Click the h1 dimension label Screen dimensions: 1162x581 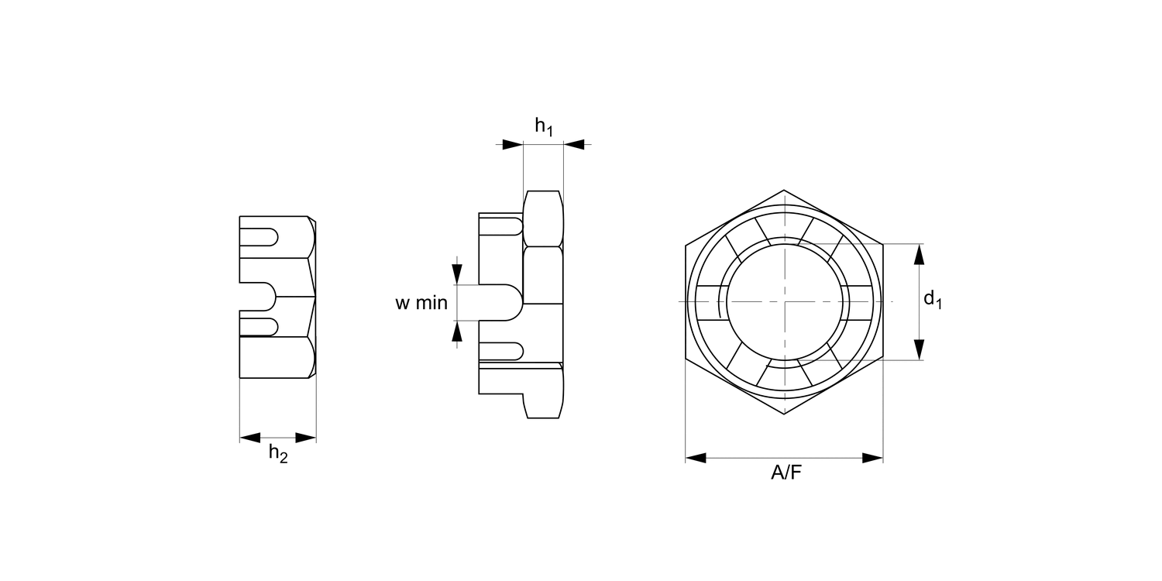pos(544,127)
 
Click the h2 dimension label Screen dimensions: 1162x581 pos(278,453)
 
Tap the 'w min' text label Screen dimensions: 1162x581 pos(421,302)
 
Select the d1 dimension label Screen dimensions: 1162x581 pos(933,300)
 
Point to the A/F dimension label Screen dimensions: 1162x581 pos(786,473)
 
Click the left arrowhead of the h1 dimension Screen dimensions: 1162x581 pos(513,144)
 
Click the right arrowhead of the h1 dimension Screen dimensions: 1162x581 pos(574,144)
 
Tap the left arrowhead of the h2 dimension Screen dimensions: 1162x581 pos(250,438)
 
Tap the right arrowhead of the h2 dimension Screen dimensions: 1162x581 pos(305,438)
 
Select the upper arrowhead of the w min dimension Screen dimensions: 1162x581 pos(457,274)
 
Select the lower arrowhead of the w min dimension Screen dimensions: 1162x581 pos(457,331)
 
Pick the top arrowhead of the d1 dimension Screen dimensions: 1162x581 pos(919,254)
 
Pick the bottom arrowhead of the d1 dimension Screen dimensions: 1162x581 pos(919,349)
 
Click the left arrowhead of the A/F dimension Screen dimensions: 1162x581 pos(696,458)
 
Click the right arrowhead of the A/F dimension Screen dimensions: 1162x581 pos(872,458)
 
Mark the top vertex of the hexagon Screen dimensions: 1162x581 pos(784,190)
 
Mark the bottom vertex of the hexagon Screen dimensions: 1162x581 pos(784,414)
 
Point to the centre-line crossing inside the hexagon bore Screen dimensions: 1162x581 pos(785,301)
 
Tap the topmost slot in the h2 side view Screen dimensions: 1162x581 pos(259,236)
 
